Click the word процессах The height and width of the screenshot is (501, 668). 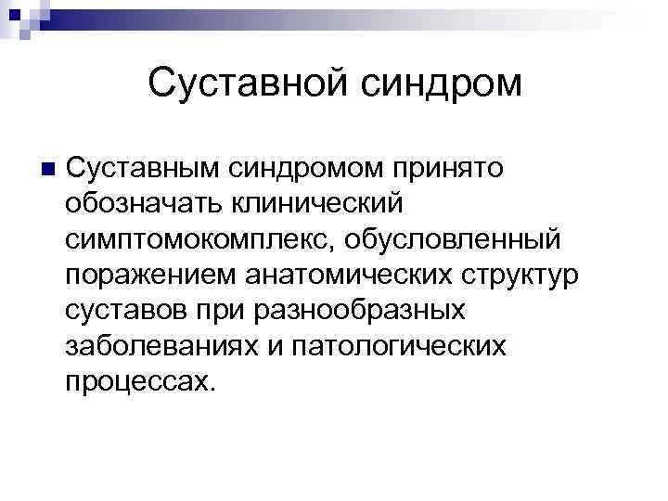(140, 380)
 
